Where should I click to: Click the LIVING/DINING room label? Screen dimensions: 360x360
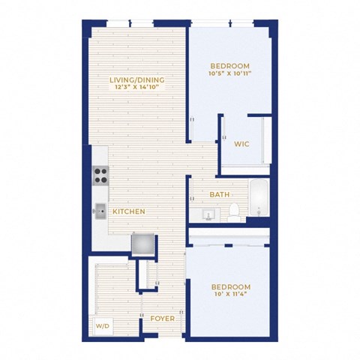[x=137, y=80]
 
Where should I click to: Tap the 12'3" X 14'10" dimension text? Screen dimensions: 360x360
[x=137, y=87]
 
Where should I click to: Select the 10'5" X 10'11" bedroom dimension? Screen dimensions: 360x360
[x=230, y=73]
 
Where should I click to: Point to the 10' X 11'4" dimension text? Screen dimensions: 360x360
[x=231, y=294]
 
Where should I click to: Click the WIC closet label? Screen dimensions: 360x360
[x=241, y=144]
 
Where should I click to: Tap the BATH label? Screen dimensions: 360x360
[x=220, y=194]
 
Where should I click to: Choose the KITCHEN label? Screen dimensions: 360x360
[x=129, y=211]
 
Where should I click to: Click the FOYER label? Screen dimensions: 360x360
[x=163, y=319]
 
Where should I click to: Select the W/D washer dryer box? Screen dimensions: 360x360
[x=103, y=326]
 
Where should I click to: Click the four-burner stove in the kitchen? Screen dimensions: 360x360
[x=100, y=175]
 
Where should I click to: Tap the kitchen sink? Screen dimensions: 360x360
[x=100, y=211]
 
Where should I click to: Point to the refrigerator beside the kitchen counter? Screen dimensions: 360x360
[x=143, y=244]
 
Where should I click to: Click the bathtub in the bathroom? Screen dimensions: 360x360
[x=259, y=197]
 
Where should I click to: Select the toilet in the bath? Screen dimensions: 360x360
[x=234, y=212]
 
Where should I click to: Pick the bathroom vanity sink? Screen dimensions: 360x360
[x=208, y=214]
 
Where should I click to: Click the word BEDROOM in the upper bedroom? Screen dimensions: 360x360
[x=230, y=66]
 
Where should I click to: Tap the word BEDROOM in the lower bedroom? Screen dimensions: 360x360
[x=231, y=286]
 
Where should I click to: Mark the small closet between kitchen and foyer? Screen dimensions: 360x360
[x=148, y=274]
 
